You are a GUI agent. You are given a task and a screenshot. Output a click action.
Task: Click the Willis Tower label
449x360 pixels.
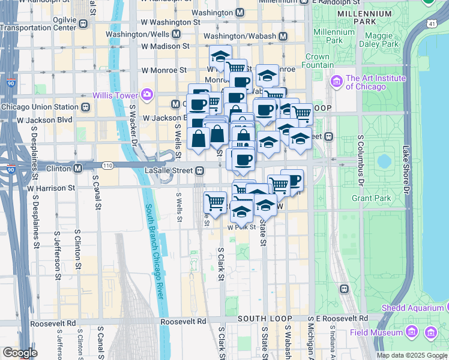[x=115, y=95]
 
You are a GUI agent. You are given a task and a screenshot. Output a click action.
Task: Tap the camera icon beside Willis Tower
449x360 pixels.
[x=146, y=95]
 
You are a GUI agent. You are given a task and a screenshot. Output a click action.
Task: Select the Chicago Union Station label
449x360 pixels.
[x=40, y=107]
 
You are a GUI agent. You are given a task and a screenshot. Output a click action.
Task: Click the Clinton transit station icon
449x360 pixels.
[x=78, y=168]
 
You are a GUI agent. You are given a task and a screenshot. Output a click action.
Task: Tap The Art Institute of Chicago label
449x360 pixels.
[x=376, y=82]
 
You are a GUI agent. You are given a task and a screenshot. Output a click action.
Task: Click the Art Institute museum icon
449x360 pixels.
[x=336, y=80]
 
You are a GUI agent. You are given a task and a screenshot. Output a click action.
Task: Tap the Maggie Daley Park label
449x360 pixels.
[x=379, y=40]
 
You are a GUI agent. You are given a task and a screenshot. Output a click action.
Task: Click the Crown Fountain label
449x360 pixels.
[x=316, y=61]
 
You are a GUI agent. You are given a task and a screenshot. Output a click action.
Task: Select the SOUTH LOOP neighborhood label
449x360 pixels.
[x=265, y=318]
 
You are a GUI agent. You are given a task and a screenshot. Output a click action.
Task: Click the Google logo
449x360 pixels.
[x=20, y=353]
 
